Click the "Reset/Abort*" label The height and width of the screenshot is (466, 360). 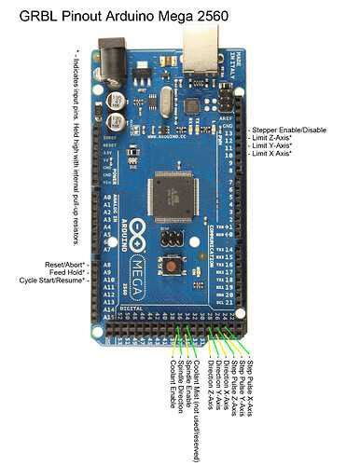coord(68,266)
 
